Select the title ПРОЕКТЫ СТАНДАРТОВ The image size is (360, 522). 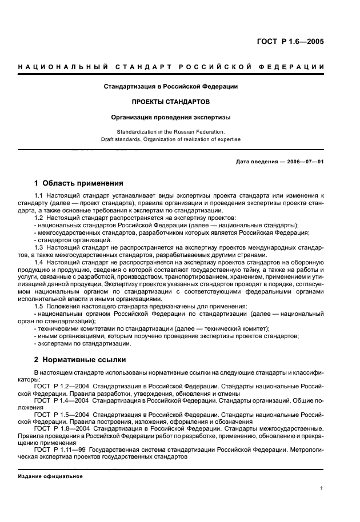point(171,102)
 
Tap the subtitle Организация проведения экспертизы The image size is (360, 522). point(171,117)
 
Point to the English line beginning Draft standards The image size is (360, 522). point(171,139)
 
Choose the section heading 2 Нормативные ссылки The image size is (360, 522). point(80,360)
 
